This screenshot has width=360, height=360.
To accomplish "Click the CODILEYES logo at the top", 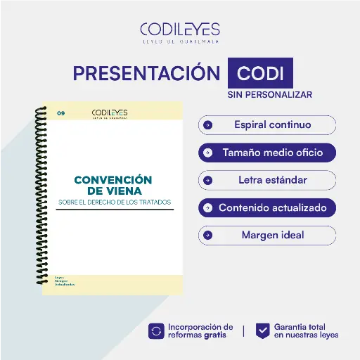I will point(179,32).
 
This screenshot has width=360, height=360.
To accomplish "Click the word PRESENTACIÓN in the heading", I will point(147,73).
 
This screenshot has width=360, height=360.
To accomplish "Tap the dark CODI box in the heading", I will point(260,74).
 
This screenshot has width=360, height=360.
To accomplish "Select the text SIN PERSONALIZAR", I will point(269,94).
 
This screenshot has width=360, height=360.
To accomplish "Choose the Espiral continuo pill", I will point(267,125).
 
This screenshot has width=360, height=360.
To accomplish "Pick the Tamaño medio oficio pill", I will point(267,152).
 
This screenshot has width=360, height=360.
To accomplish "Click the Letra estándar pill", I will point(267,180).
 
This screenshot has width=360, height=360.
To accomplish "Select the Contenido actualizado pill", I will point(267,208).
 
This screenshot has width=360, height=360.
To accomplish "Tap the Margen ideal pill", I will point(267,235).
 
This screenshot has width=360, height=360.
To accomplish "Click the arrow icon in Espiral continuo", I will point(207,125).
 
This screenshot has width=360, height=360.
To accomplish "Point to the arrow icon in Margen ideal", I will point(207,235).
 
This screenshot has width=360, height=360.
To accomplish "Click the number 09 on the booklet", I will point(61,112).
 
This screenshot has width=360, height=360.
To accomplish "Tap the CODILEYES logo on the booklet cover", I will point(109,113).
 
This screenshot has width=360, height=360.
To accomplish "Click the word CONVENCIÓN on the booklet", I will point(113,179).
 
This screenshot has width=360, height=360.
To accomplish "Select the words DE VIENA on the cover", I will point(113,191).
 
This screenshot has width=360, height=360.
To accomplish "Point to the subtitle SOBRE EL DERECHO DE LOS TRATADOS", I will point(114,202).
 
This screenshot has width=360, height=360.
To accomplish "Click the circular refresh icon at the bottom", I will point(157,331).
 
